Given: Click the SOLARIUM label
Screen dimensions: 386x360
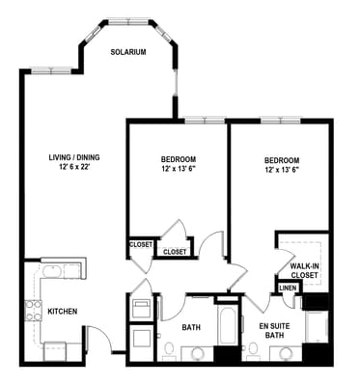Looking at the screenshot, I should tap(127, 52).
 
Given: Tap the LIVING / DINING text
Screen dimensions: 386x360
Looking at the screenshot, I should tap(75, 157).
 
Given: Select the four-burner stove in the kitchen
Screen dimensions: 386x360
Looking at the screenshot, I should tap(32, 310).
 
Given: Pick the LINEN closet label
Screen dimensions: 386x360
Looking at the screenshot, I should tap(288, 288).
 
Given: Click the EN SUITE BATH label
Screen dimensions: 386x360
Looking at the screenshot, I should tap(274, 331).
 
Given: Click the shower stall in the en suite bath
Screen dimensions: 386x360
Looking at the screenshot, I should tap(317, 328).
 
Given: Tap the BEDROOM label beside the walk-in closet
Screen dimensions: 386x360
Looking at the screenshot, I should tap(281, 160).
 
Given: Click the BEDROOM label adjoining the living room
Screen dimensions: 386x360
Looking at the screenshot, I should tap(179, 159).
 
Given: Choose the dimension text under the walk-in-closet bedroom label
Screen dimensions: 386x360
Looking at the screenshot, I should tap(281, 171).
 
